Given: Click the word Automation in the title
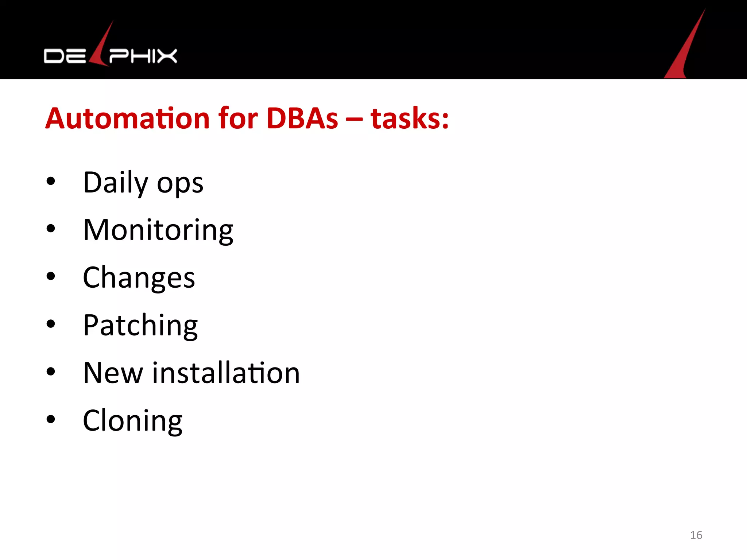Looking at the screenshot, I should (127, 119).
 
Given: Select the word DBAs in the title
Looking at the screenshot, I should (302, 119).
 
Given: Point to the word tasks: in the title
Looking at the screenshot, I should (410, 119).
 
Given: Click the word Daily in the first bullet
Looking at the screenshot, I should (116, 183).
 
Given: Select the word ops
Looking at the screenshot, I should (180, 184).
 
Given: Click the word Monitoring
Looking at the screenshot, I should (158, 230).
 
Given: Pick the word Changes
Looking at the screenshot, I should (139, 278).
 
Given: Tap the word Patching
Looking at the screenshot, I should (140, 325).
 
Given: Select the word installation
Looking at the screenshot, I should (226, 373).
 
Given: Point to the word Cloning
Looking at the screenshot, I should (133, 421).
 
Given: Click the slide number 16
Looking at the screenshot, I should (696, 535).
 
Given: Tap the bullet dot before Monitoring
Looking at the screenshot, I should (51, 229).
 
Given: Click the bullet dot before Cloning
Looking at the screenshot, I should (51, 419).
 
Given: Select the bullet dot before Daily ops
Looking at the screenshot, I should (51, 181).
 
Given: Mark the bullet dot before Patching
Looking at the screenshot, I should (51, 323).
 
